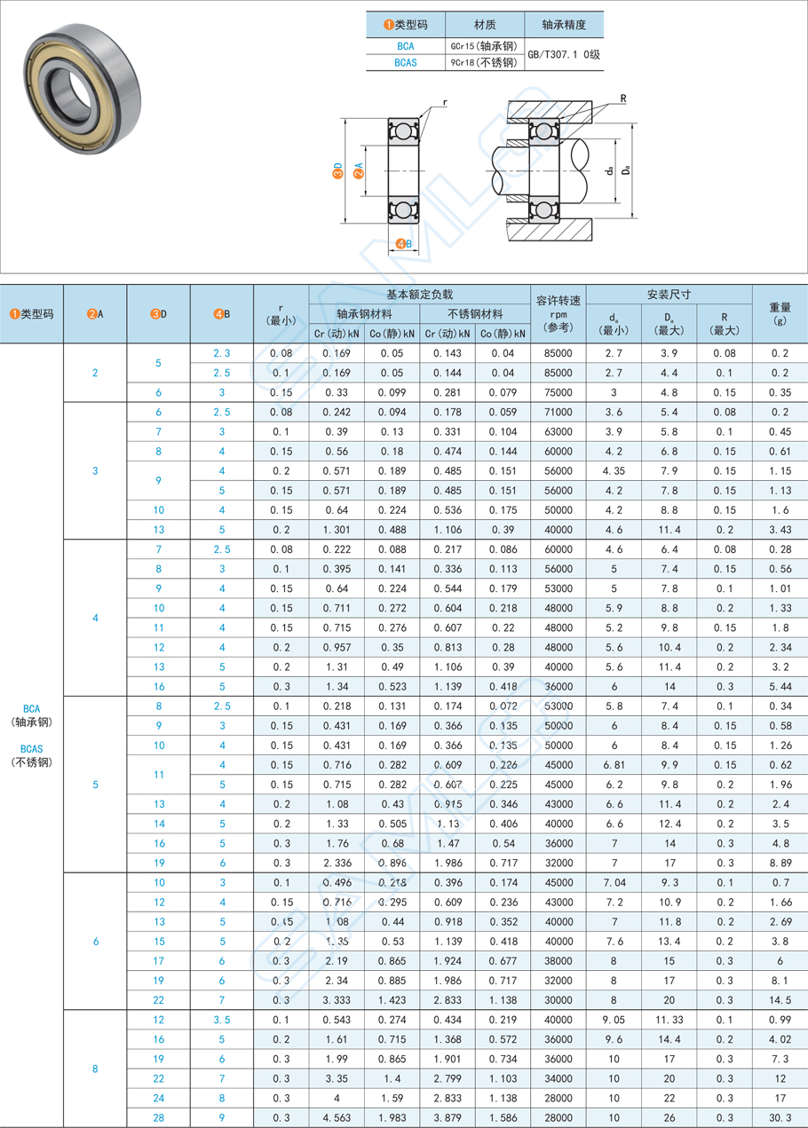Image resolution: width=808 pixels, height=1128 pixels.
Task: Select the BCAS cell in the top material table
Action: (406, 63)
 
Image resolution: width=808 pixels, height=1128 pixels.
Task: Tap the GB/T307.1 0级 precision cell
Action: (564, 54)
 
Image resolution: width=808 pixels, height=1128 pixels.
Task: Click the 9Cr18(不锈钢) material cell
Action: (484, 63)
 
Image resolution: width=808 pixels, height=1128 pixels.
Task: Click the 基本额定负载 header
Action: (418, 294)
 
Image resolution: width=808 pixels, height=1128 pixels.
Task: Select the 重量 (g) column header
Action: (780, 313)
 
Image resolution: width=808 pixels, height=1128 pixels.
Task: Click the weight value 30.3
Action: (780, 1118)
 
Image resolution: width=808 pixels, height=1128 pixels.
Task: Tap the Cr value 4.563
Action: (337, 1118)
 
